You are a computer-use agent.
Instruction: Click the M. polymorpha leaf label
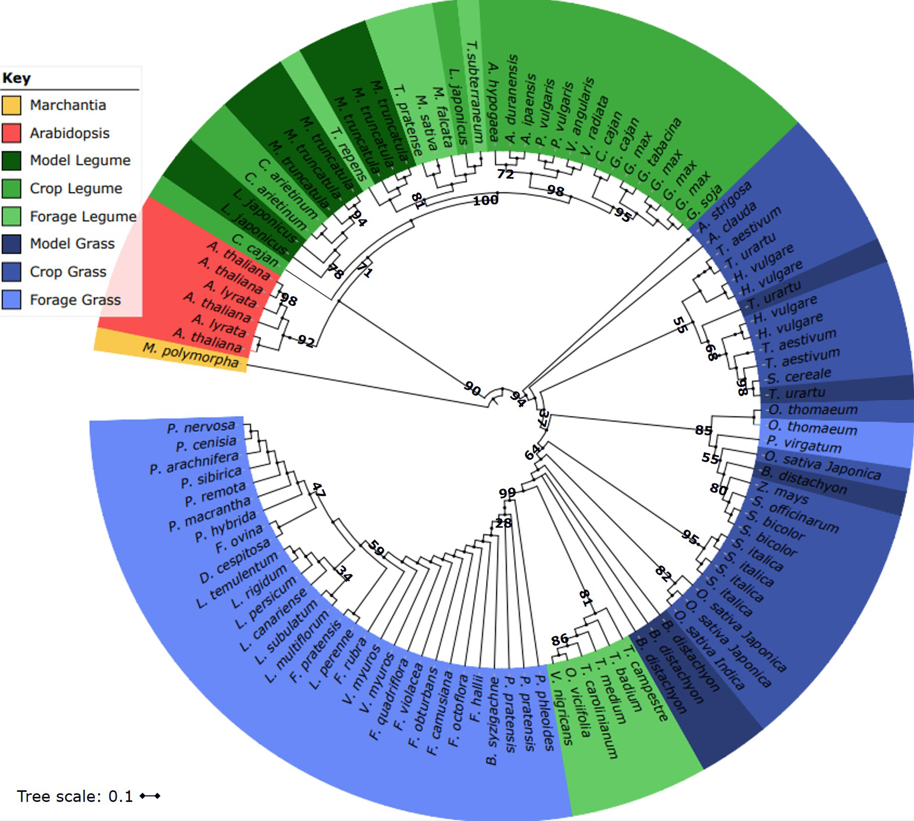(191, 355)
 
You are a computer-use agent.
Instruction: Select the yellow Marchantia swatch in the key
(11, 105)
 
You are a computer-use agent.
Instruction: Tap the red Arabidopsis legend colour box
(11, 133)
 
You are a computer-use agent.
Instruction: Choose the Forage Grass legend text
(75, 300)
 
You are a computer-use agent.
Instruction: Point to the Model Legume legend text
(80, 160)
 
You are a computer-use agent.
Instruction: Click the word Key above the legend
(16, 78)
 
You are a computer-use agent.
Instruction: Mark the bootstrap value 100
(485, 200)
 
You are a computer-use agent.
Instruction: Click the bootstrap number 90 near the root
(472, 389)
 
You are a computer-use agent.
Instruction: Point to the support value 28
(504, 523)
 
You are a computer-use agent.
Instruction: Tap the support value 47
(319, 490)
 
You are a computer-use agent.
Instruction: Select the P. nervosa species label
(201, 427)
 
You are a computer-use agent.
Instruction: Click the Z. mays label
(784, 493)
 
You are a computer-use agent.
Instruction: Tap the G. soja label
(704, 201)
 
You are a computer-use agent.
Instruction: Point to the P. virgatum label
(804, 444)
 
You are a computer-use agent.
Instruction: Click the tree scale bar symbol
(150, 796)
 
